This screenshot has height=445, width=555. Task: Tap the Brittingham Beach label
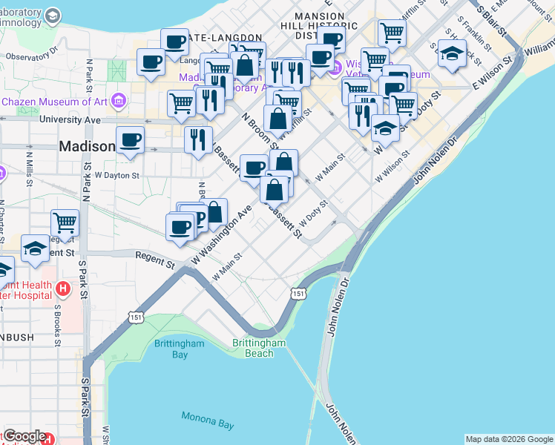259,348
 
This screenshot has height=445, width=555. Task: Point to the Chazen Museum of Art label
56,101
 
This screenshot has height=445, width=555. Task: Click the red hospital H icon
63,288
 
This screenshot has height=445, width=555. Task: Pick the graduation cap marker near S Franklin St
452,54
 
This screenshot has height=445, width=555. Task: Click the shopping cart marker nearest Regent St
65,223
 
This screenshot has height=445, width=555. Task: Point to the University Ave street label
70,119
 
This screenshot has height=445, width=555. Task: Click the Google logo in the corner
24,436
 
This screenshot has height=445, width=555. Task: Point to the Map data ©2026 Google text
509,439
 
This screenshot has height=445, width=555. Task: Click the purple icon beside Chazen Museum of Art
119,102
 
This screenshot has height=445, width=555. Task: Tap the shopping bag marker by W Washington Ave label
214,212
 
